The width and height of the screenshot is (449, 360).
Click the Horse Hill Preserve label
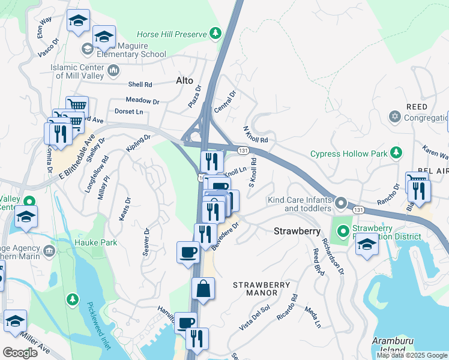tap(170, 35)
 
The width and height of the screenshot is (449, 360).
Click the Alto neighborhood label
tap(184, 80)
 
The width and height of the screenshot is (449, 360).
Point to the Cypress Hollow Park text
tap(348, 154)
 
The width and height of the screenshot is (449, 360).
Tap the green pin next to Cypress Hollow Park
tap(396, 153)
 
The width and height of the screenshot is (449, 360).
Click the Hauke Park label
tap(75, 242)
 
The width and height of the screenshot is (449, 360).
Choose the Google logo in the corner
tap(20, 352)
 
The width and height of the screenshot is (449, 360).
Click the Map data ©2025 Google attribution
tap(412, 355)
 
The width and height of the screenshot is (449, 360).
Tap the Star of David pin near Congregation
tap(394, 115)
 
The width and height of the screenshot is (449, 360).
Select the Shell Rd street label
tap(140, 85)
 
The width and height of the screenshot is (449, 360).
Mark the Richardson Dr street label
tap(333, 256)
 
